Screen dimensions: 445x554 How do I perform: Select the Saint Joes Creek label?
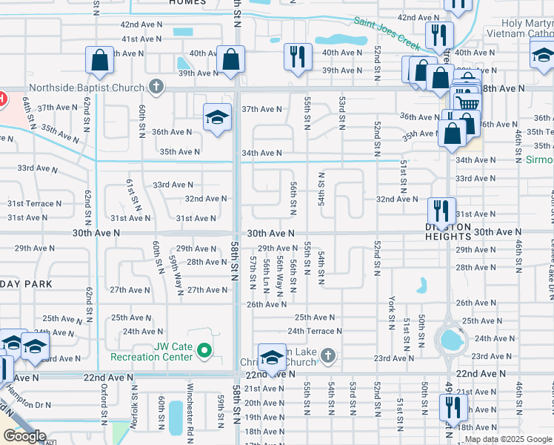384,32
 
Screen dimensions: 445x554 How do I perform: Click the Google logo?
24,435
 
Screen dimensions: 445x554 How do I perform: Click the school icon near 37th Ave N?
218,117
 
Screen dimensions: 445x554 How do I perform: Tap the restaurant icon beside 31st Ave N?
441,208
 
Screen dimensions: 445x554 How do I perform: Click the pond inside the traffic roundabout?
450,340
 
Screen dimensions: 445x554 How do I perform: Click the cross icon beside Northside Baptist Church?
156,88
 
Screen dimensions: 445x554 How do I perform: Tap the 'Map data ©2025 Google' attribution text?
508,439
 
